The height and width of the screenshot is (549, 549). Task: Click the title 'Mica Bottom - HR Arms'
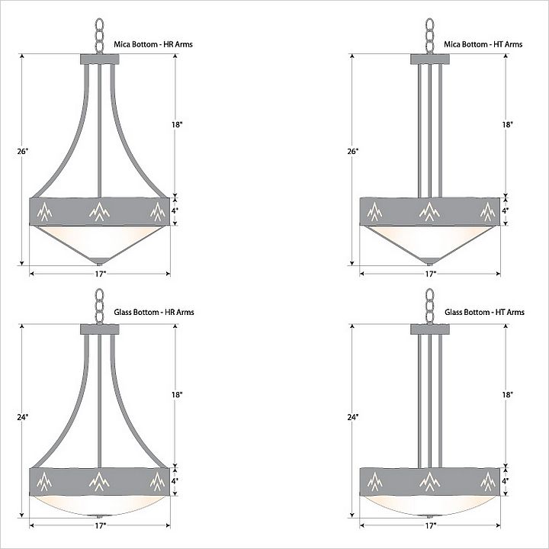coord(153,44)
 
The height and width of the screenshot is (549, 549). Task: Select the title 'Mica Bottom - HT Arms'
coord(483,44)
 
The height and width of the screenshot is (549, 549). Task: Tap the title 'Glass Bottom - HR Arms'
coord(154,312)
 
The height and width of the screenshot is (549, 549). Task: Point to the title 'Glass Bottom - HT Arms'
coord(485,312)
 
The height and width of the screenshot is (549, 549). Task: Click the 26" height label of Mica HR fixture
coord(22,151)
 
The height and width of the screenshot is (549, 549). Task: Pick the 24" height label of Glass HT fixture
coord(353,417)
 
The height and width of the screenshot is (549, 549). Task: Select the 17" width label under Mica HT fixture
coord(430,274)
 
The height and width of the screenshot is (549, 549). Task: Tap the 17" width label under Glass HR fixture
coord(100,525)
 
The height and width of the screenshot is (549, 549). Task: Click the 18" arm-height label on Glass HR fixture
coord(177,395)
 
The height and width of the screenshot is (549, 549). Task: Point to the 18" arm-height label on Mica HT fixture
coord(507,124)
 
